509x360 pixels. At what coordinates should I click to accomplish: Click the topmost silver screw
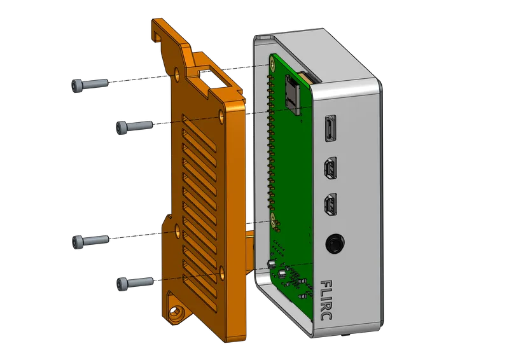point(88,83)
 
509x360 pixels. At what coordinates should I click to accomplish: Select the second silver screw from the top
point(133,127)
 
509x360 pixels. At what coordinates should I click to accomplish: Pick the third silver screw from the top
point(90,240)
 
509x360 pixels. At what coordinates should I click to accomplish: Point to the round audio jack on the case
point(334,244)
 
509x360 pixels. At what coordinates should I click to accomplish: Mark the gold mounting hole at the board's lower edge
point(275,222)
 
